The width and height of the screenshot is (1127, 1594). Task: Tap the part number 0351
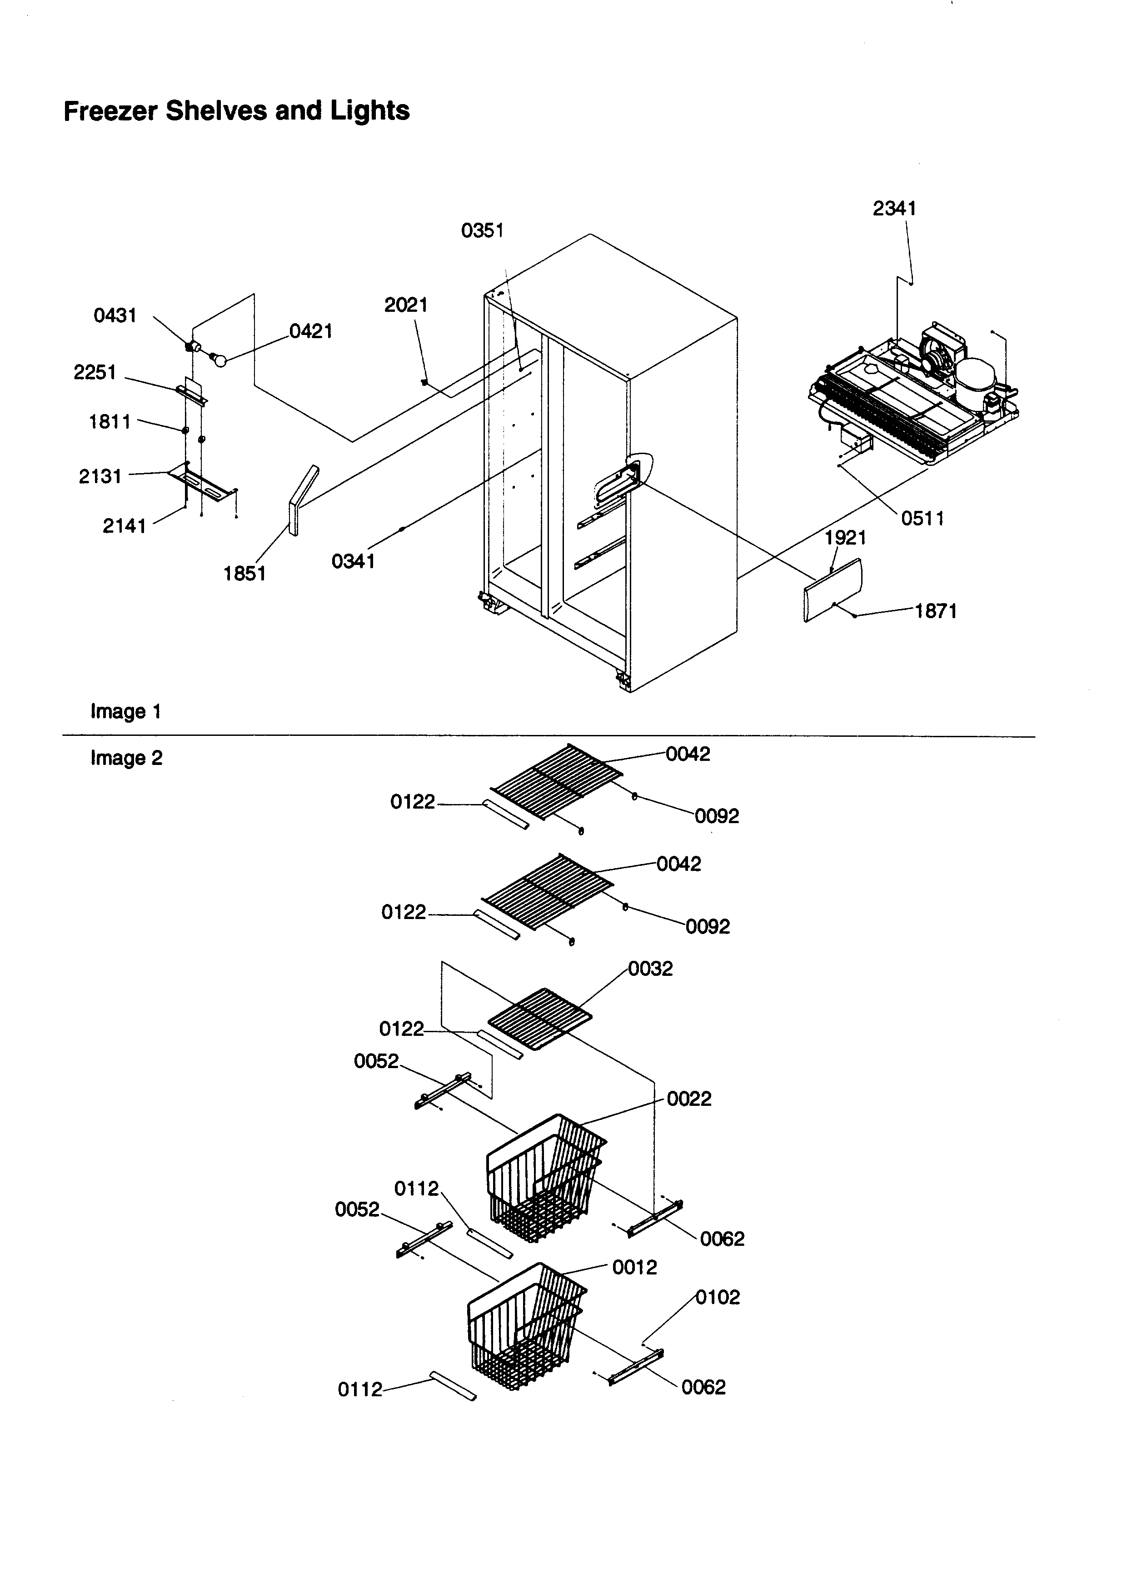click(482, 230)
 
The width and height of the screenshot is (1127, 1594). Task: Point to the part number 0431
click(115, 316)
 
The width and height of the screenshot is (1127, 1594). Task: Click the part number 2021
click(406, 305)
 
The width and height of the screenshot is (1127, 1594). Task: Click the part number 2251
click(95, 373)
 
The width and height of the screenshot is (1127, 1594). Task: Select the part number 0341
click(353, 561)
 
